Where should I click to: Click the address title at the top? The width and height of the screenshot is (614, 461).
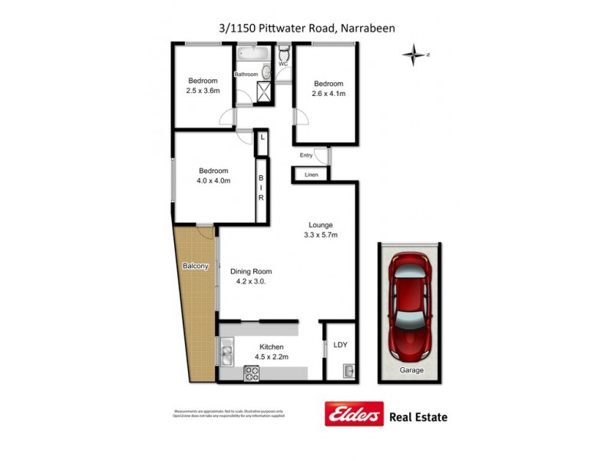pyautogui.click(x=306, y=28)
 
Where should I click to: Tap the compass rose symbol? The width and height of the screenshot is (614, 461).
pyautogui.click(x=414, y=55)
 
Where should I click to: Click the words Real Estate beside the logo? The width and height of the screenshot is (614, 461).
pyautogui.click(x=420, y=417)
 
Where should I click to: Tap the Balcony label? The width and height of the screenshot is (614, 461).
pyautogui.click(x=195, y=266)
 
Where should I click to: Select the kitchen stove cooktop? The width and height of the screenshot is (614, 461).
pyautogui.click(x=253, y=373)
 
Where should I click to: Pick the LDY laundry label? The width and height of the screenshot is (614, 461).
pyautogui.click(x=340, y=345)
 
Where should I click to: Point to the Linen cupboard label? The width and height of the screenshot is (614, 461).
pyautogui.click(x=311, y=175)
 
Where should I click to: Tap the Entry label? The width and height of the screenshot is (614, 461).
pyautogui.click(x=307, y=155)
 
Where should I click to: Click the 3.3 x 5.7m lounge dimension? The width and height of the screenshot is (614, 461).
pyautogui.click(x=320, y=235)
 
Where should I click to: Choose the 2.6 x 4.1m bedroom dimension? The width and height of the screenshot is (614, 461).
pyautogui.click(x=328, y=94)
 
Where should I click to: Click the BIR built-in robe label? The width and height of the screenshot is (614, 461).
pyautogui.click(x=260, y=187)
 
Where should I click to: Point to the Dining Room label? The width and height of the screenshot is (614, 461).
pyautogui.click(x=251, y=271)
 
